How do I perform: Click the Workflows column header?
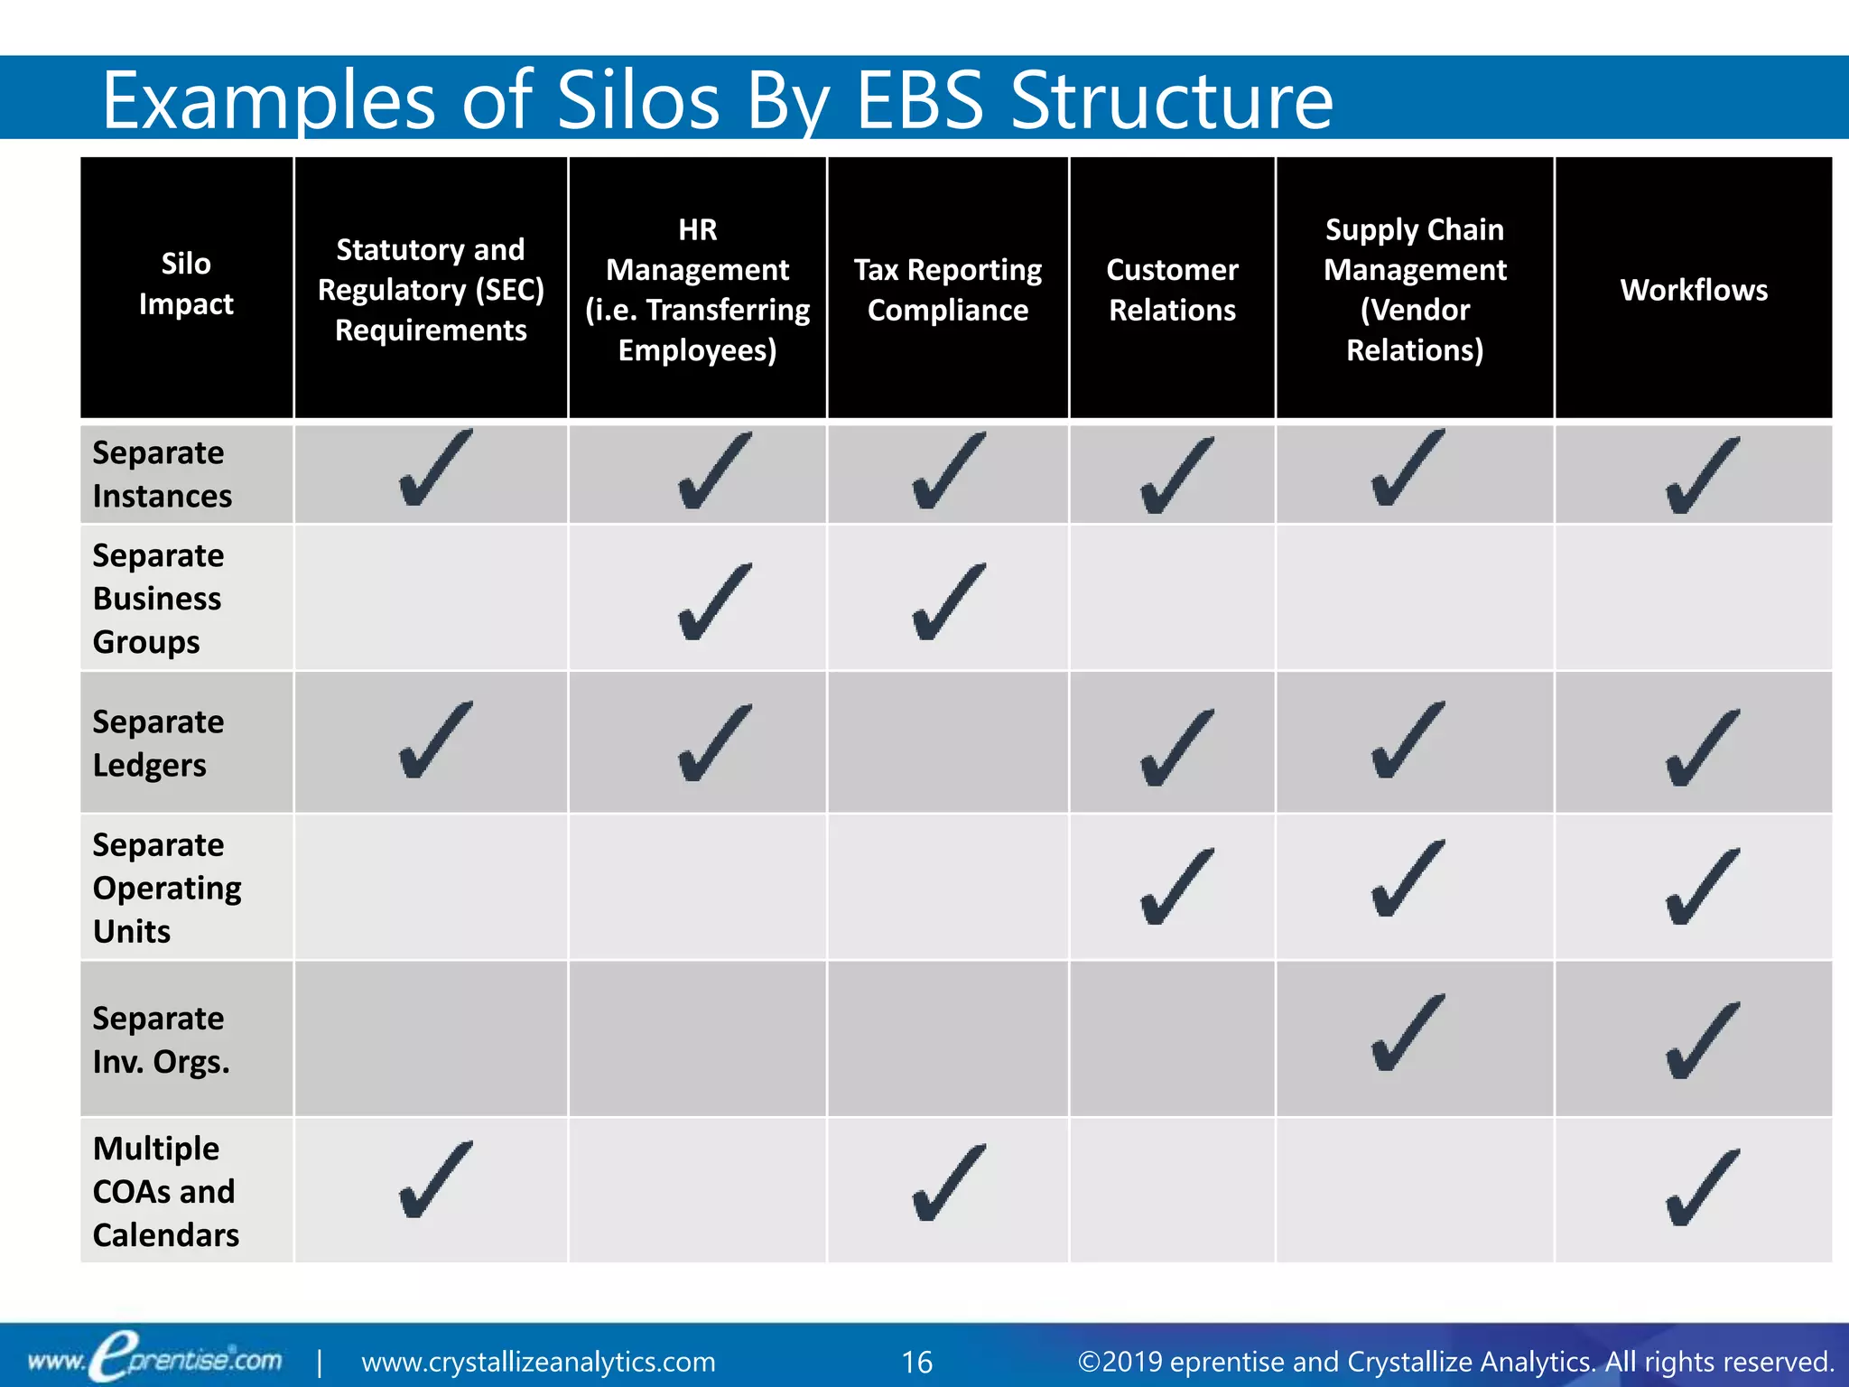1694,290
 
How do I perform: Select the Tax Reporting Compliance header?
947,290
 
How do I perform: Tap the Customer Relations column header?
1172,290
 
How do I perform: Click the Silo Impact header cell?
186,284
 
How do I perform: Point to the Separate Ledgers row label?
158,743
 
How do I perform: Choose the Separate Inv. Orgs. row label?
160,1039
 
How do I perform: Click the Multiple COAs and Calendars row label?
165,1191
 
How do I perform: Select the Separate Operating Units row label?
166,888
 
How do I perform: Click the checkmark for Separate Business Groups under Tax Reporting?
948,603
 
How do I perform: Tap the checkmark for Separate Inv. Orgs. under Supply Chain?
1407,1034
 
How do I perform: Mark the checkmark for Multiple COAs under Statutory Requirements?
434,1180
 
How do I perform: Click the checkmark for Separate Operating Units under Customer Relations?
1176,887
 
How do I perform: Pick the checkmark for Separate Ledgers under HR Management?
713,743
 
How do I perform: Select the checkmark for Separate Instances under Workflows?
1701,477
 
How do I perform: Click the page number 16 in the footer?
916,1362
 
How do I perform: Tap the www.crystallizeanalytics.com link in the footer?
538,1362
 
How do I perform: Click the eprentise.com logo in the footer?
154,1359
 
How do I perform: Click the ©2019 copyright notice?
1454,1362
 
